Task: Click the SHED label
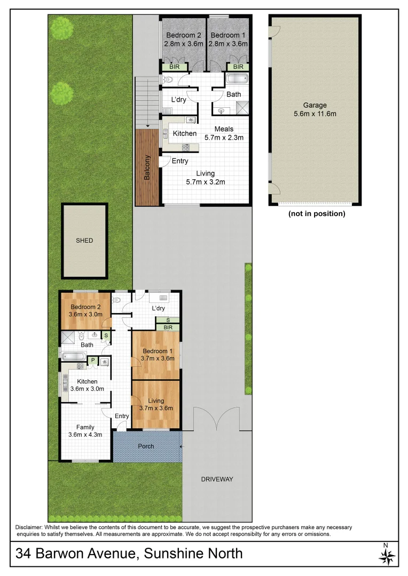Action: tap(84, 241)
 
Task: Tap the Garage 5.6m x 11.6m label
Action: tap(315, 109)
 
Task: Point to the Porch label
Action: tap(146, 446)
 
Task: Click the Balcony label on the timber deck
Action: tap(147, 167)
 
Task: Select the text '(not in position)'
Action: tap(316, 214)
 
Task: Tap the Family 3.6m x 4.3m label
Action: tap(85, 431)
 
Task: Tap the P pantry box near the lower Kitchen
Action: tap(92, 361)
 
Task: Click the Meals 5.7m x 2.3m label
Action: tap(224, 133)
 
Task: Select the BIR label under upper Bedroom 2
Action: tap(175, 67)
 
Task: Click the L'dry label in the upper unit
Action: tap(178, 100)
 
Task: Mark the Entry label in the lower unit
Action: tap(122, 417)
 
